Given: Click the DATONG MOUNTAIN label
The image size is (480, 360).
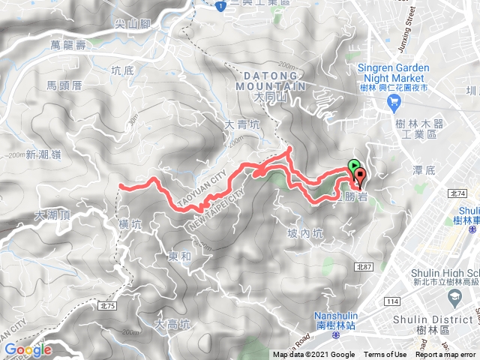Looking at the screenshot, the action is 275,81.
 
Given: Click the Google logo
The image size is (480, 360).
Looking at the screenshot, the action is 27,349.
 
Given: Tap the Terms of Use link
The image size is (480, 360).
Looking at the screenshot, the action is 385,355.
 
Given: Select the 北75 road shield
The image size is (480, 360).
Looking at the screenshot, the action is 108,284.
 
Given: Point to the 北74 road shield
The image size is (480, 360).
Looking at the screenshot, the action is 459,193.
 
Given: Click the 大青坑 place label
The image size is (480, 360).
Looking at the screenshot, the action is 241,126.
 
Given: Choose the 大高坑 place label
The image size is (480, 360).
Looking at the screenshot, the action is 172,325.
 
